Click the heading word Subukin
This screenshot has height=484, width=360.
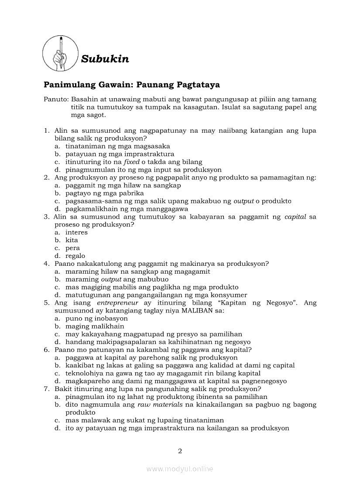(x=105, y=59)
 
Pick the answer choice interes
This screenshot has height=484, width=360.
(x=76, y=233)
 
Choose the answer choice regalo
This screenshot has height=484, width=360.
(x=75, y=256)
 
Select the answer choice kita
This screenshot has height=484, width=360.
(x=72, y=240)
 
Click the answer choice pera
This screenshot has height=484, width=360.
(x=72, y=248)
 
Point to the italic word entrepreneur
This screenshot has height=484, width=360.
(x=117, y=303)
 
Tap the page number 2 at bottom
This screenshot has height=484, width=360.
(x=180, y=451)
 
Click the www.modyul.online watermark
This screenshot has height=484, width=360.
(x=180, y=469)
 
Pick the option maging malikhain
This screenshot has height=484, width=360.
(x=95, y=326)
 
